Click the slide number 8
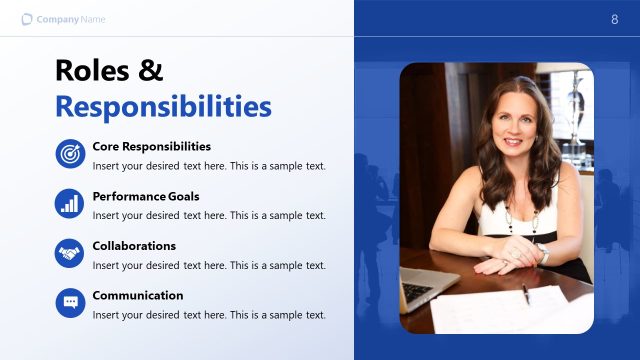614,19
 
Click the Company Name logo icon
27,19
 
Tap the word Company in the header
58,19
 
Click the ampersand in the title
151,70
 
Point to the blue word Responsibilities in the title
163,106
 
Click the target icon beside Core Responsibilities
70,154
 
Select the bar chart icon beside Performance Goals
70,203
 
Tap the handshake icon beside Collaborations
70,253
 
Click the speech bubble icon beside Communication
70,303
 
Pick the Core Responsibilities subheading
151,146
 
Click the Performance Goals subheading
146,196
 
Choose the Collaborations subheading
134,246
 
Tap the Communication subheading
138,296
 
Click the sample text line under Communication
209,315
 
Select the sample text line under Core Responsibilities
209,165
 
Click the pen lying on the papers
525,293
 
